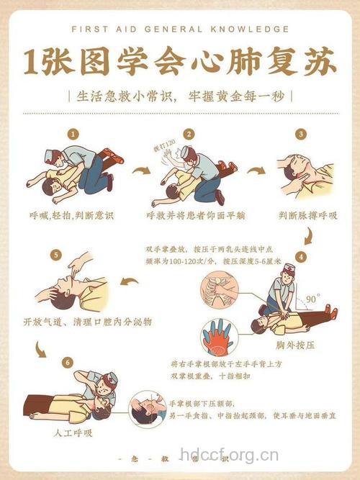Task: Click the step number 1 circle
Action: pos(72,134)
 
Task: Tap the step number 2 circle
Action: pos(189,134)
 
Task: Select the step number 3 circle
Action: pos(300,134)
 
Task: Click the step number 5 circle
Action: pos(55,255)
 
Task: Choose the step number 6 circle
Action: pos(67,361)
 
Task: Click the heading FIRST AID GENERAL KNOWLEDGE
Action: pos(179,30)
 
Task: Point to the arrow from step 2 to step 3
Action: pos(256,171)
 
